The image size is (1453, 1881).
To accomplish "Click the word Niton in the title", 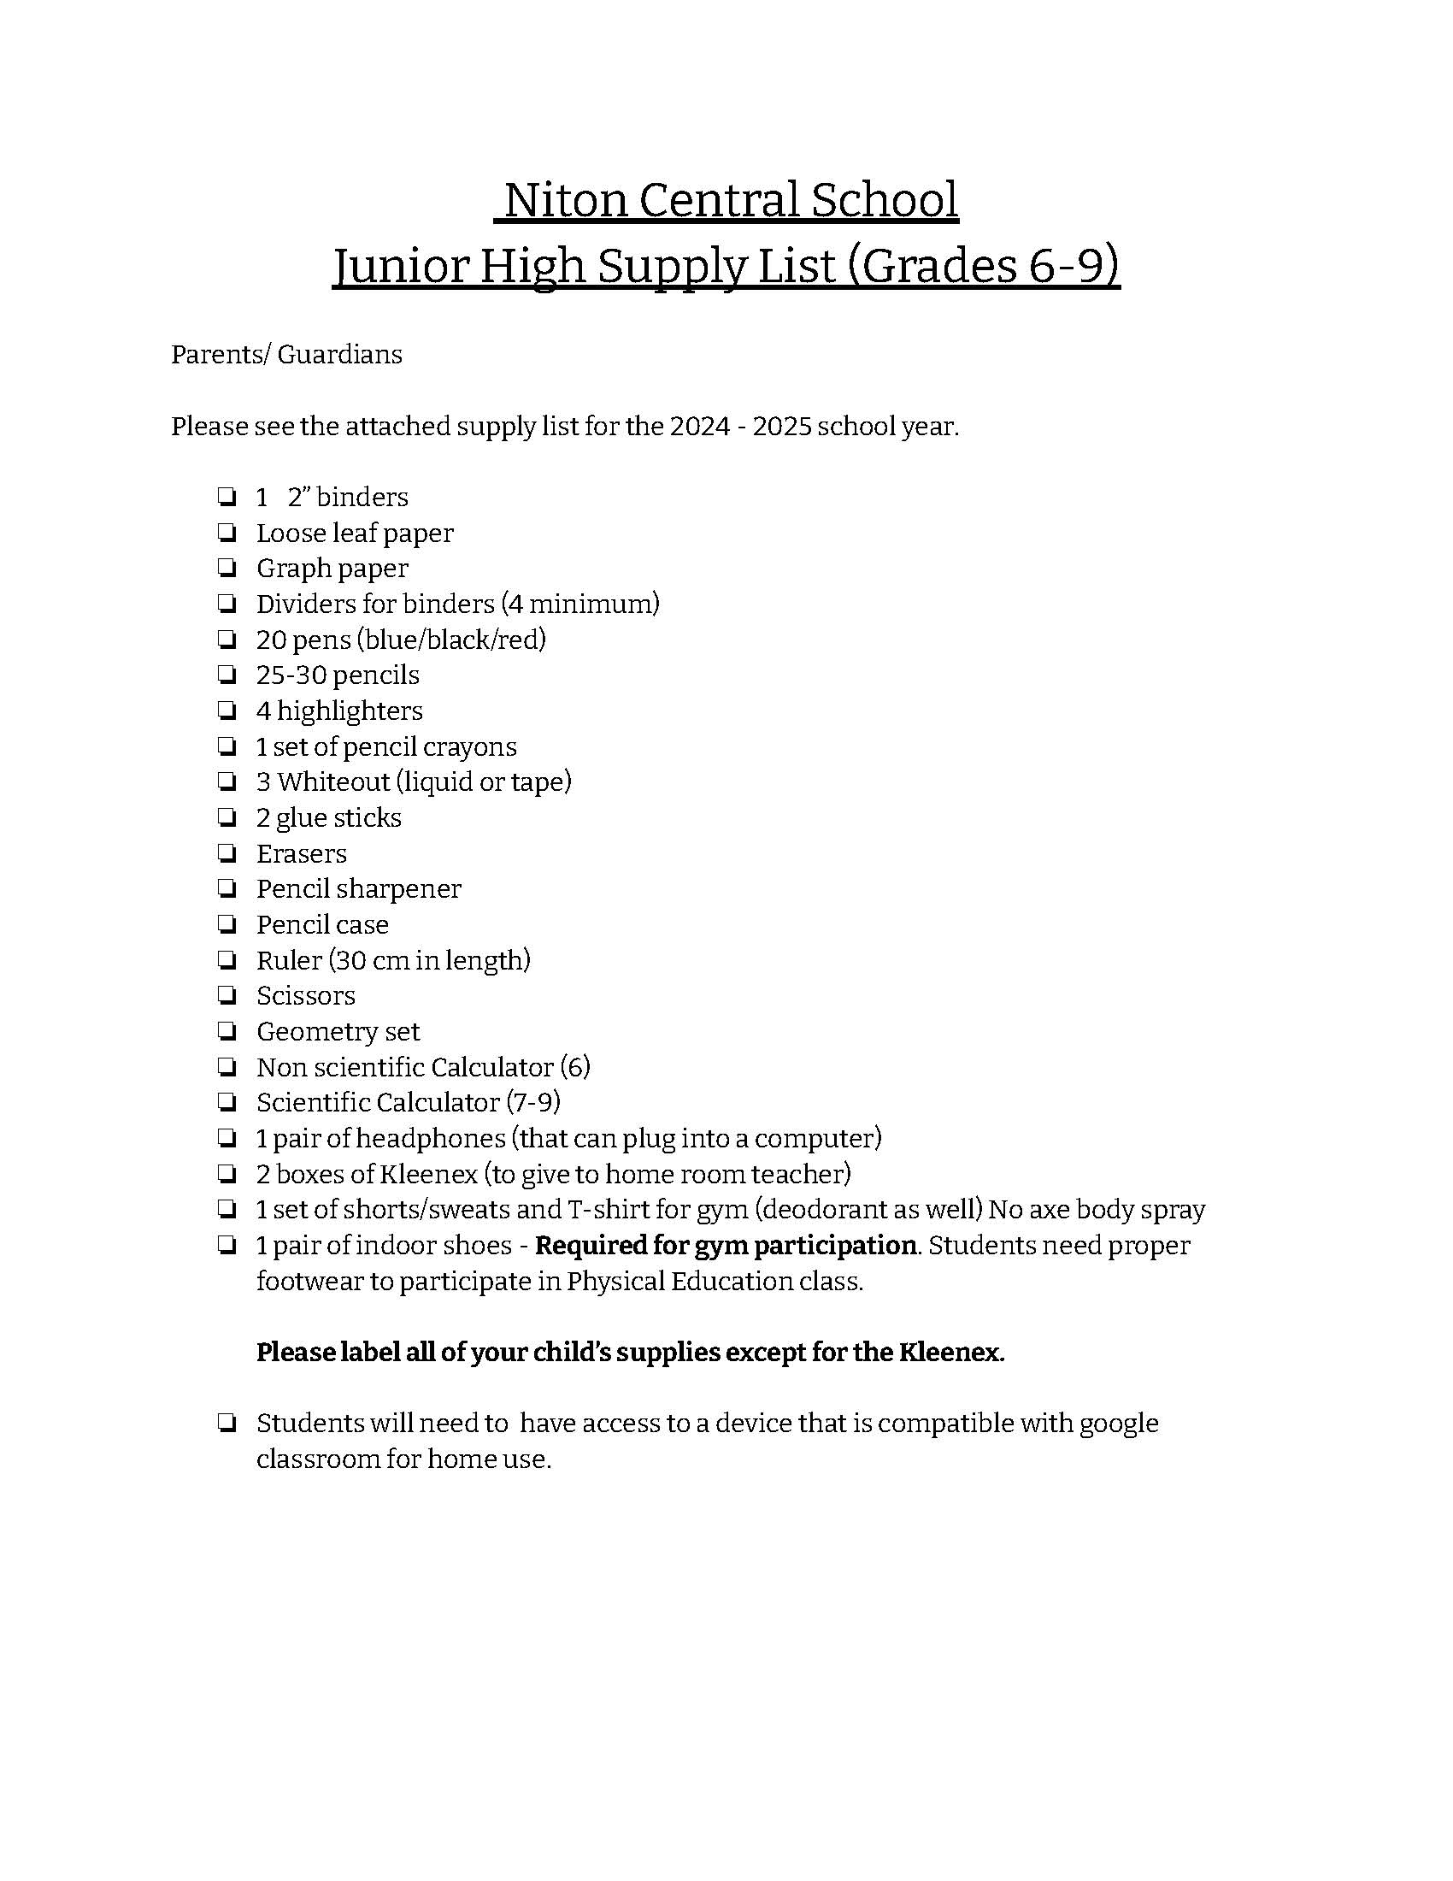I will (566, 200).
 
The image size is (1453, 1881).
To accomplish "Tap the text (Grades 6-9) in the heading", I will (984, 265).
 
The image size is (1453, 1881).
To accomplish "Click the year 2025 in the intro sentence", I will (781, 427).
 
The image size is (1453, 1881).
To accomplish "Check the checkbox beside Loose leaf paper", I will (227, 534).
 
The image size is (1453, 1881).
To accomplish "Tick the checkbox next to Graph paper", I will (227, 569).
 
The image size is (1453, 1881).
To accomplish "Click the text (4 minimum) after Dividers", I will (583, 604).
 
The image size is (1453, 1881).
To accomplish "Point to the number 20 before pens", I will (271, 640).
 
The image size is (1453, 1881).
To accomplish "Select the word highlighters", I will (350, 711).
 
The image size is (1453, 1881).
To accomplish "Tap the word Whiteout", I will (333, 782).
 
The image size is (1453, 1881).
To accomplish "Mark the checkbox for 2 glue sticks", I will (227, 817).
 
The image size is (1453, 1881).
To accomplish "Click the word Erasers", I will (301, 853).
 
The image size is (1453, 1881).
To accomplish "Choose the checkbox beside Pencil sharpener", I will (227, 889).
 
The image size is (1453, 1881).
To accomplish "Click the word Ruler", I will (289, 960).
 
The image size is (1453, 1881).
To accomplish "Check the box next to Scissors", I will (227, 995).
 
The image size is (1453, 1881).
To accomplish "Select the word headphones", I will (431, 1139).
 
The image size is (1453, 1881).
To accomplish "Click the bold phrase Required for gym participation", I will (726, 1246).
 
